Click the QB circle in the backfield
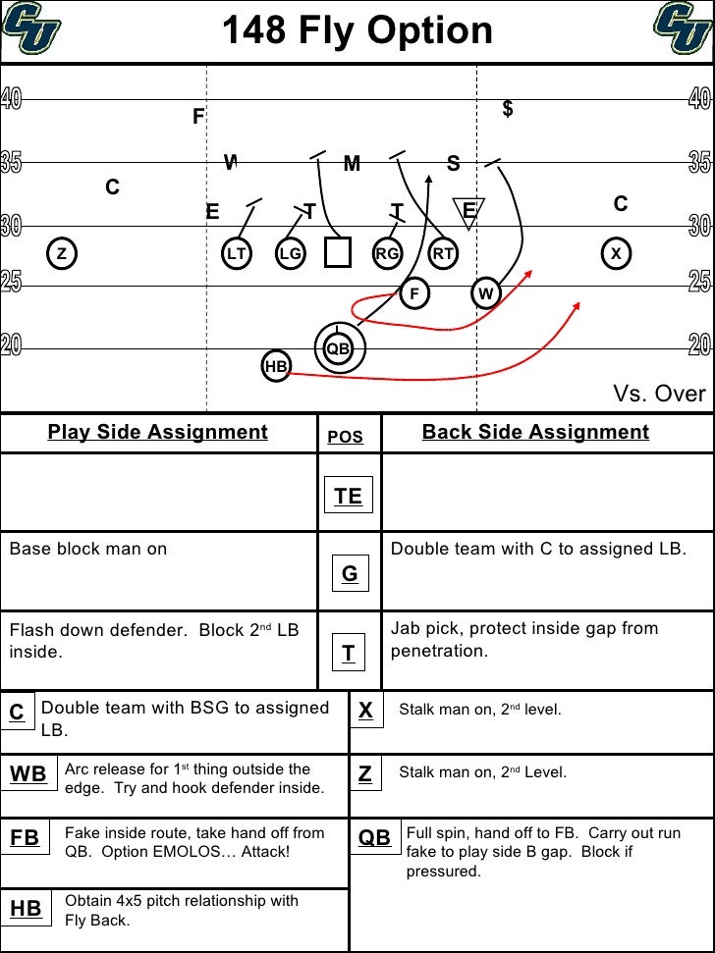coord(338,347)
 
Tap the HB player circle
coord(276,367)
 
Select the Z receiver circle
coord(61,253)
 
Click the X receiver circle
coord(616,253)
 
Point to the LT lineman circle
coord(236,253)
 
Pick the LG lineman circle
coord(290,253)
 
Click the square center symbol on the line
coord(338,252)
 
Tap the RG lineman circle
coord(387,253)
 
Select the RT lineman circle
coord(443,253)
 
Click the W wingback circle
coord(486,293)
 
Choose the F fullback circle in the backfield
coord(414,293)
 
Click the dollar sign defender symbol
coord(508,109)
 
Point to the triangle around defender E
coord(468,211)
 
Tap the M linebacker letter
coord(352,164)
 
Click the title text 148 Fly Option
coord(357,31)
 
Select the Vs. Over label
coord(659,394)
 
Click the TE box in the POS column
coord(348,496)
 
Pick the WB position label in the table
coord(28,774)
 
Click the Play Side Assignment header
coord(158,432)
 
